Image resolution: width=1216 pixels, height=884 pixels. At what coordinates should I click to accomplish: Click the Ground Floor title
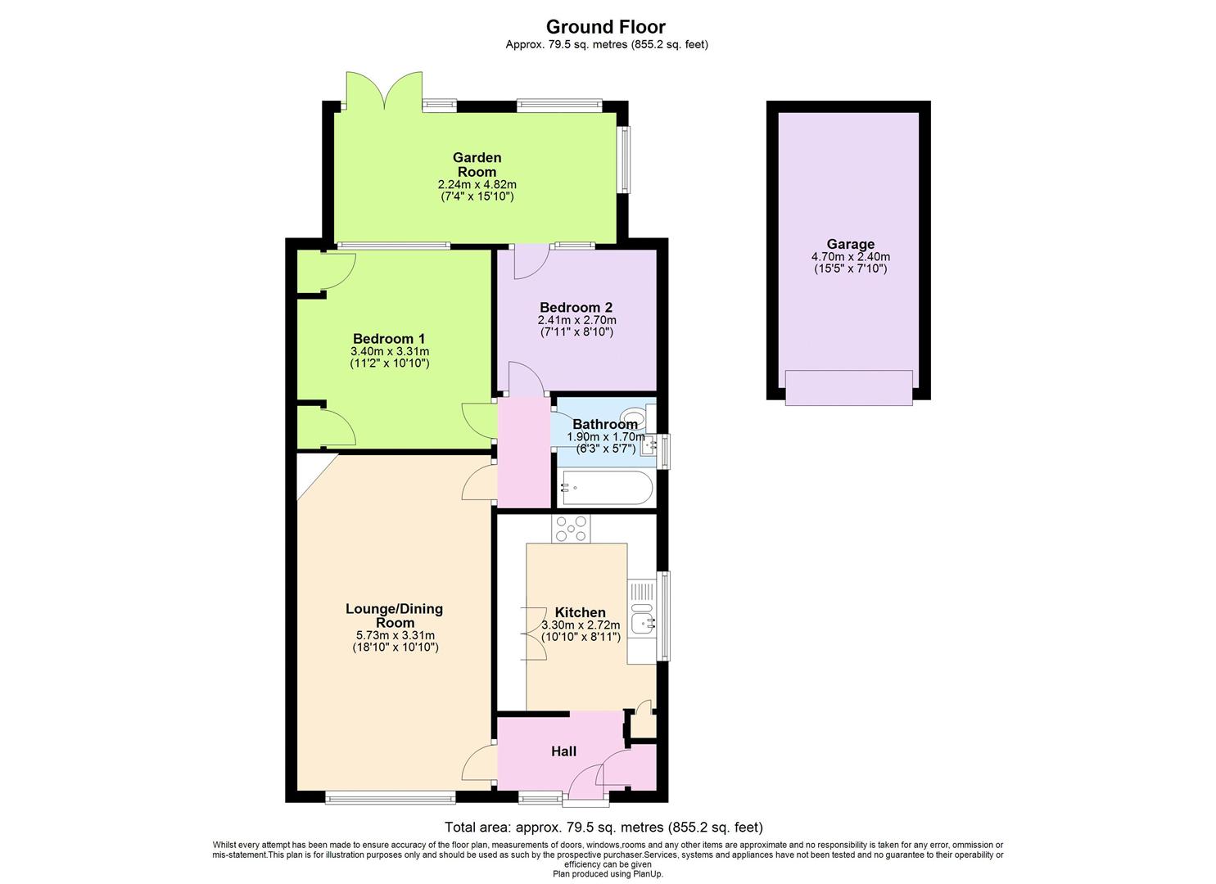click(x=606, y=27)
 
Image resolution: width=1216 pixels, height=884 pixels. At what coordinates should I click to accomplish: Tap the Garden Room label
click(x=477, y=165)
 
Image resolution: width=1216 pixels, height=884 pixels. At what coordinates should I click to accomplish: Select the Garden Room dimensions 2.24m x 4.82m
click(x=477, y=185)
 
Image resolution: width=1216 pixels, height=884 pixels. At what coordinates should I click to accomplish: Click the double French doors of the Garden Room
click(x=384, y=90)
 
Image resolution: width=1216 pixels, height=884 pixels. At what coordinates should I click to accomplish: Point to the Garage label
click(x=849, y=244)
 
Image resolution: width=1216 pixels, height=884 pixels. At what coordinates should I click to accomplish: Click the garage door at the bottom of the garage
click(x=848, y=387)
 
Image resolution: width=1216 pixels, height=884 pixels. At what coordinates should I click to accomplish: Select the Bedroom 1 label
click(x=389, y=339)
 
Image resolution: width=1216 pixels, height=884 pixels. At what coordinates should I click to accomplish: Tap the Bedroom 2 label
click(x=576, y=308)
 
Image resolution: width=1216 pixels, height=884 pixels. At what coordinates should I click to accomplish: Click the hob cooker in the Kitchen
click(x=571, y=529)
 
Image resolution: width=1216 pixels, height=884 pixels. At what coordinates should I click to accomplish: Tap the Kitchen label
click(x=580, y=612)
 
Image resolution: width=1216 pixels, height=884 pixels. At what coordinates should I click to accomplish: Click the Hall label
click(x=563, y=751)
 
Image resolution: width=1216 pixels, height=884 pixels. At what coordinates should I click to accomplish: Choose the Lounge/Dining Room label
click(x=394, y=616)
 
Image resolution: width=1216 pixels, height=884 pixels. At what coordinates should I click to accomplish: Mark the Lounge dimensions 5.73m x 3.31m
click(x=394, y=635)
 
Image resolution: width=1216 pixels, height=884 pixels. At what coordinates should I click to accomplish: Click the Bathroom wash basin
click(x=649, y=446)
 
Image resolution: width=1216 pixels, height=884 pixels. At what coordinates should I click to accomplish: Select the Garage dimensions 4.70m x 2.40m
click(x=849, y=256)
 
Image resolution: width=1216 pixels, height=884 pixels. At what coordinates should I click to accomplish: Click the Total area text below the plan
click(x=603, y=827)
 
